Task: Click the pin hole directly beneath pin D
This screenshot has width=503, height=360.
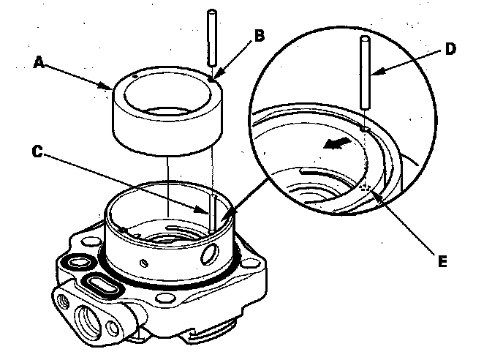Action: [364, 130]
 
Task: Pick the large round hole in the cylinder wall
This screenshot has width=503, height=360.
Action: [211, 255]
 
